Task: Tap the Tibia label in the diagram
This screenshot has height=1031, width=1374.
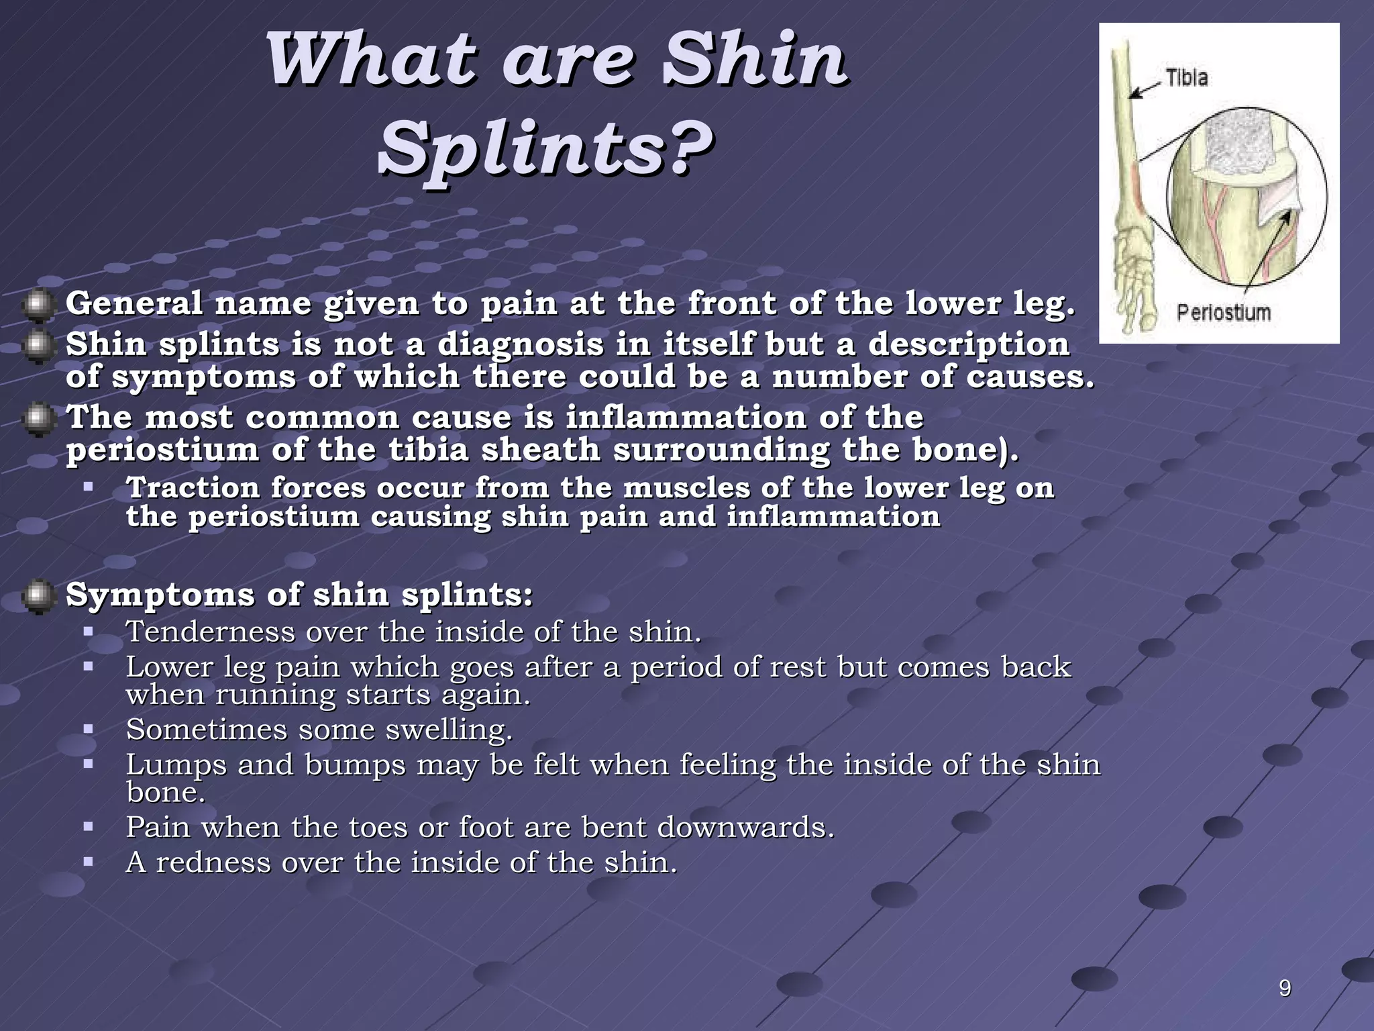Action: [x=1186, y=78]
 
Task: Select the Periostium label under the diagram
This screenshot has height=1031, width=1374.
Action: [x=1224, y=312]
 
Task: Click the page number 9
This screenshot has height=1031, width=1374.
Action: [x=1285, y=988]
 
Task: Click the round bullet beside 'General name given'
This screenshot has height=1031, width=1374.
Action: [x=38, y=305]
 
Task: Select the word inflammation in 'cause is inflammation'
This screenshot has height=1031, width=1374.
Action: [x=685, y=418]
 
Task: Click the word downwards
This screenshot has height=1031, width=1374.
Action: [x=745, y=827]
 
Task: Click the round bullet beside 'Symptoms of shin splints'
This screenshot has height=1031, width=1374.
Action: [x=38, y=597]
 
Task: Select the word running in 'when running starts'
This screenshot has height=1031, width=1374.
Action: [x=275, y=695]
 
